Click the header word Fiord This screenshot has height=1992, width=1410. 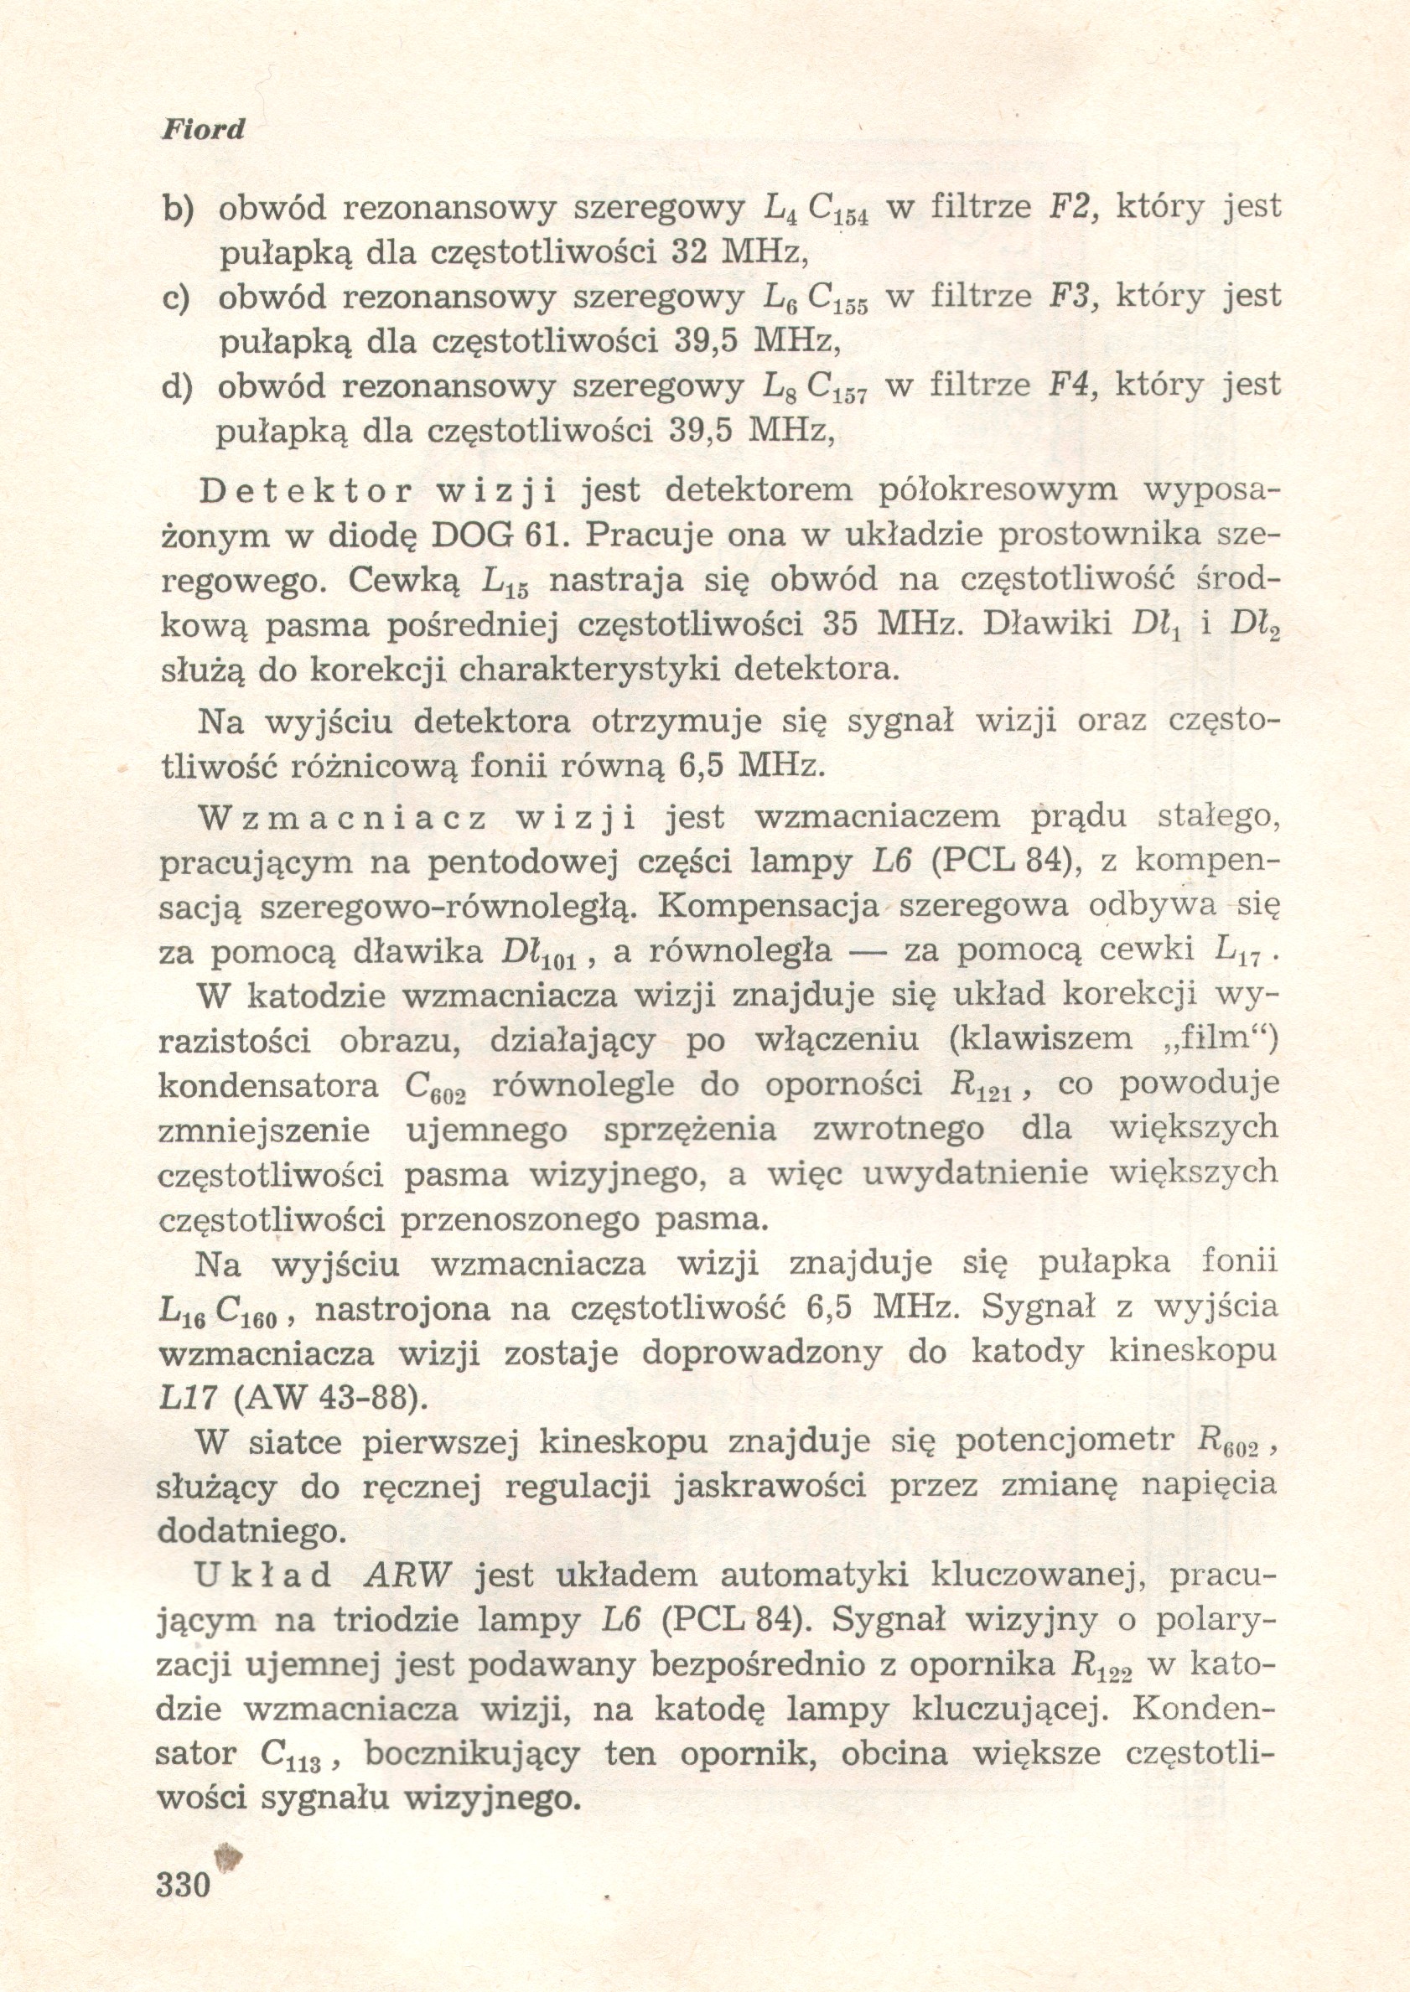point(203,131)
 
